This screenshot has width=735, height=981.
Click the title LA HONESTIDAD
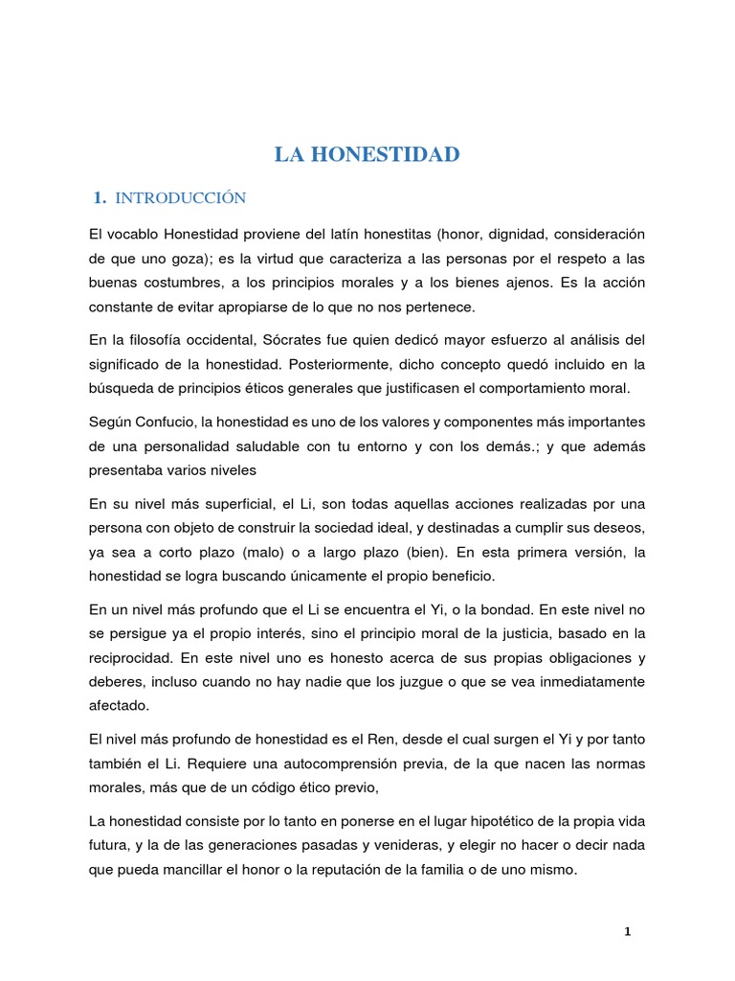pyautogui.click(x=367, y=155)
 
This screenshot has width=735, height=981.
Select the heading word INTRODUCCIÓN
pyautogui.click(x=180, y=198)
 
